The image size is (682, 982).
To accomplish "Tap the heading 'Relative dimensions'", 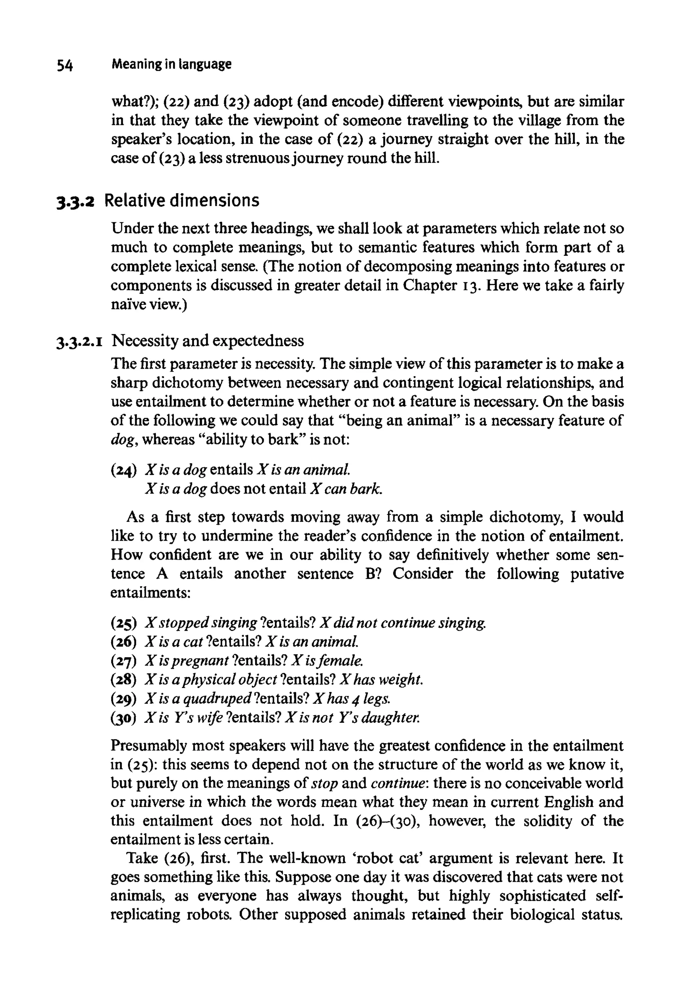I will (181, 200).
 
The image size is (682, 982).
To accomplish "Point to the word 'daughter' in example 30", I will (390, 718).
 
